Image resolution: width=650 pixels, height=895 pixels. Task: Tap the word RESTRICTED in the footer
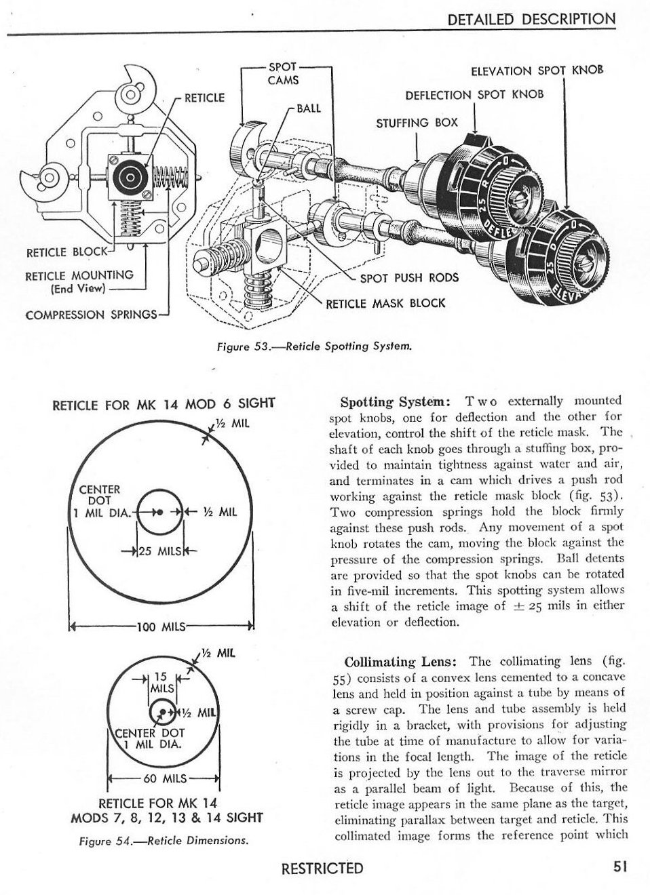tap(322, 868)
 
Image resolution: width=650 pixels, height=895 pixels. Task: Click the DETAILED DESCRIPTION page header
tap(532, 20)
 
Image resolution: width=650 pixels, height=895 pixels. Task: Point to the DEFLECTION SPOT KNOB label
tap(474, 94)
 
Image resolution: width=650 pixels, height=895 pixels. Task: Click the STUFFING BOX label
tap(417, 123)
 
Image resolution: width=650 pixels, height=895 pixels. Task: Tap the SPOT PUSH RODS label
tap(408, 277)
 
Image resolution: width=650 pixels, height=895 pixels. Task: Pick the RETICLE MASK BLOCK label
tap(385, 302)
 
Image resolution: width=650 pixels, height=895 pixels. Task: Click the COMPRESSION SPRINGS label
tap(91, 315)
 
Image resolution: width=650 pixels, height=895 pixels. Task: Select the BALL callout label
tap(309, 108)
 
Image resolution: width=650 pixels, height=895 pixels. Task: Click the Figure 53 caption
tap(313, 346)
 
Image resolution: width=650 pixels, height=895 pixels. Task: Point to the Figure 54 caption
tap(163, 841)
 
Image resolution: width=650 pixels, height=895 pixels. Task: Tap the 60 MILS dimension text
tap(163, 778)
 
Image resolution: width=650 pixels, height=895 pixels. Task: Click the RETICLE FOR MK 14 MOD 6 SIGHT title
tap(163, 405)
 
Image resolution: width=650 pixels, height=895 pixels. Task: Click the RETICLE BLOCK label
tap(66, 252)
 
